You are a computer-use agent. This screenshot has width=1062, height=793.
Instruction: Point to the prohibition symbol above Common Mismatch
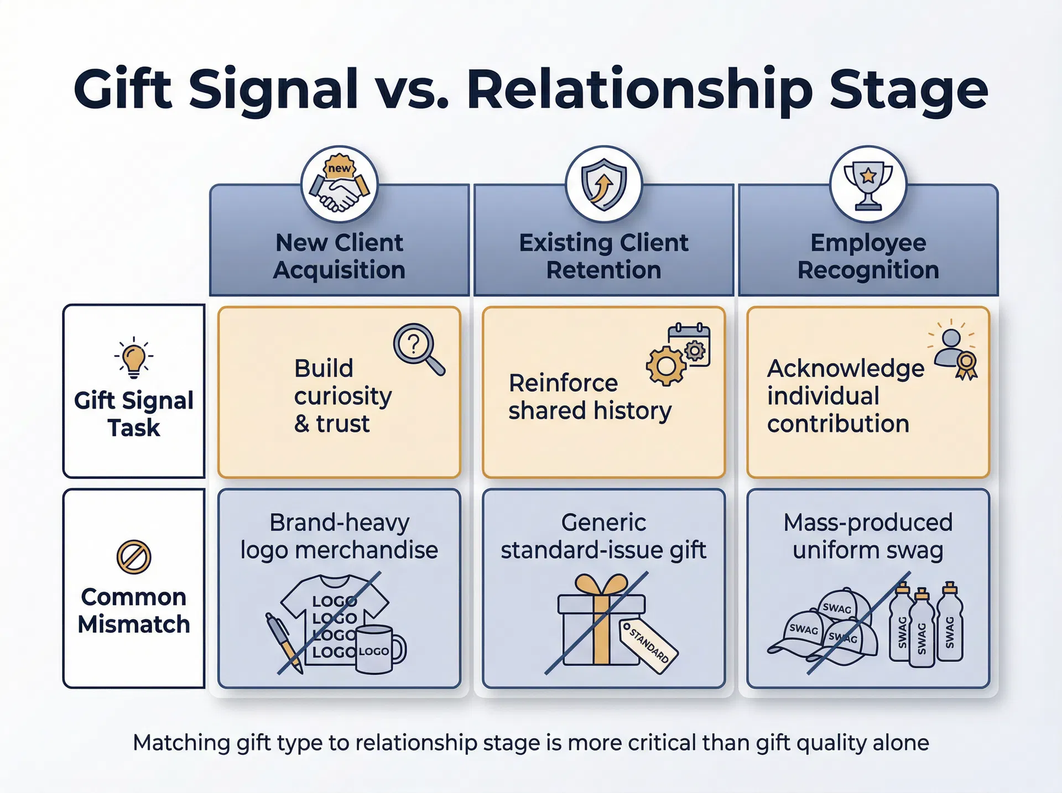point(134,557)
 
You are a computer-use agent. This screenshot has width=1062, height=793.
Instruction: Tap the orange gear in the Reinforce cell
point(667,366)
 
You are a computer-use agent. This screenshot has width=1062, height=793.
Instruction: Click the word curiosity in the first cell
point(343,396)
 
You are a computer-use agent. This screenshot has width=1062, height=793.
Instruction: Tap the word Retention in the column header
point(603,270)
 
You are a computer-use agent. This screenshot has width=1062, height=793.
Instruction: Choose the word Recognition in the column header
point(868,270)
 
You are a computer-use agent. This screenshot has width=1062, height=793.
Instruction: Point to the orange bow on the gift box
point(601,585)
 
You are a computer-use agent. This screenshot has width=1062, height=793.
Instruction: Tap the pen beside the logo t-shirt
point(283,641)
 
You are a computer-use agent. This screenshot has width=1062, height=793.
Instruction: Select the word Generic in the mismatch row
point(603,523)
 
